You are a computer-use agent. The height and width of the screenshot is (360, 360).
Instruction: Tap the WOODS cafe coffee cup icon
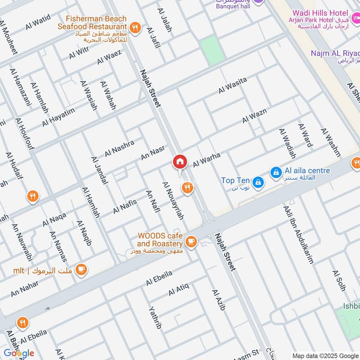click(191, 241)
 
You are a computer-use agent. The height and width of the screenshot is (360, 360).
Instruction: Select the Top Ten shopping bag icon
click(258, 181)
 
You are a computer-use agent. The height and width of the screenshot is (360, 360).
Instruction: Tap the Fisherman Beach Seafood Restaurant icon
click(135, 28)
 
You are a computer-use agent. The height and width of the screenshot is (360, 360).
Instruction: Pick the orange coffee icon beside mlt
click(81, 270)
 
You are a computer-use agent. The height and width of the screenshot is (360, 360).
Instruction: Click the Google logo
click(18, 353)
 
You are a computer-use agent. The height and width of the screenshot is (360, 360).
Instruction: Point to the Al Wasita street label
click(233, 85)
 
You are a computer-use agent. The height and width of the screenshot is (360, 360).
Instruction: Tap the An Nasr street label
click(153, 153)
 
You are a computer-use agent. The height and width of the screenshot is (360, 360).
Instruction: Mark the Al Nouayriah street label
click(173, 201)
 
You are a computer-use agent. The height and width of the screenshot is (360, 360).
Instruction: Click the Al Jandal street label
click(99, 171)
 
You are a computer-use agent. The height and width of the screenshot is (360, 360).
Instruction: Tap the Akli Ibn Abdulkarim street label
click(298, 234)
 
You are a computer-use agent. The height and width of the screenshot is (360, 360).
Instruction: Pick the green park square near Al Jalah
click(212, 50)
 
